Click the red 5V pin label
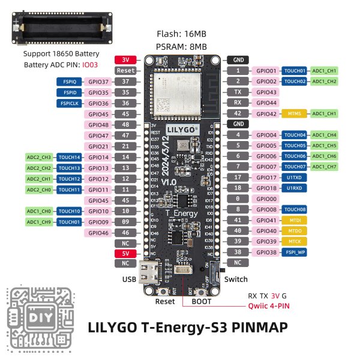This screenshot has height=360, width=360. pos(125,253)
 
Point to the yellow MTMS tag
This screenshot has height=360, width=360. pos(294,113)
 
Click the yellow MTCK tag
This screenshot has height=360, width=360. pos(294,241)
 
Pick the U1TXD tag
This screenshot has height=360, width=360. pos(294,177)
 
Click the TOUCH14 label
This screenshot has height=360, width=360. pos(69,157)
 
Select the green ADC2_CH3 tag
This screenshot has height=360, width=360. pos(38,157)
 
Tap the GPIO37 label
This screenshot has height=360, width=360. pos(98,82)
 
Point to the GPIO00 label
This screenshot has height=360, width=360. pos(266,199)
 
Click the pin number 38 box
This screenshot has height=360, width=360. pos(238,253)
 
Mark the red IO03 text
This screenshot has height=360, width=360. pos(90,63)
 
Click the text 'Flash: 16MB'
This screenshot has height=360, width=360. pos(182,34)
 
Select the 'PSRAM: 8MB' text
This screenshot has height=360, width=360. pos(182,46)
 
